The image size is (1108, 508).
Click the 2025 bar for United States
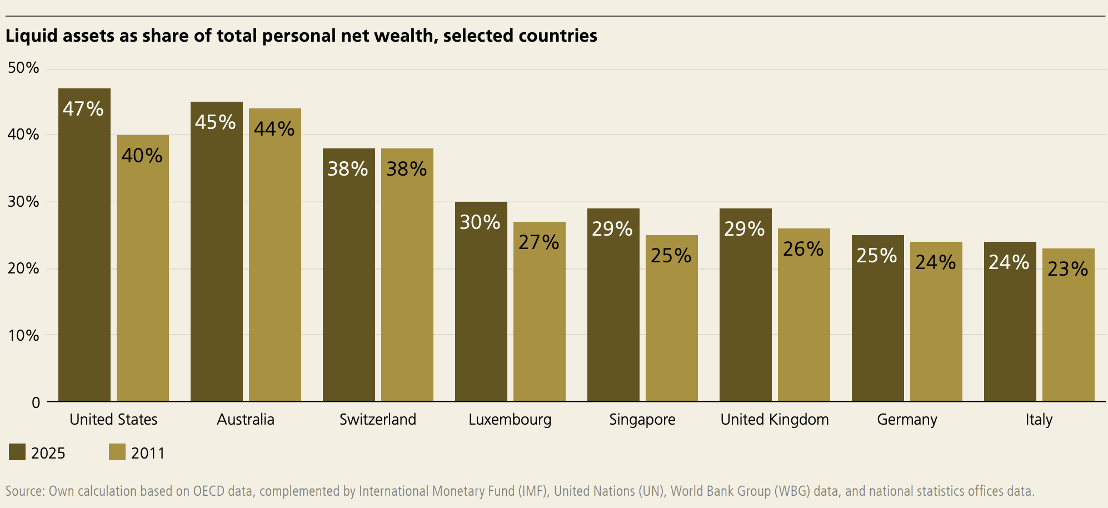coord(84,245)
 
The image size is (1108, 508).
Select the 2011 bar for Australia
coord(275,255)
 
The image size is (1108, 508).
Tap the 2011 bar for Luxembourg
coord(540,311)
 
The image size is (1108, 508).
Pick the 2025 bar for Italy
coord(1010,321)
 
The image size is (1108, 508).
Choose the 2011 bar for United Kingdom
coord(804,315)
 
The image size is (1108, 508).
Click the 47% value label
coord(83,108)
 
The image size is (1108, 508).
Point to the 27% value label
coord(539,242)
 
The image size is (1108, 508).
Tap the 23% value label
coord(1068,268)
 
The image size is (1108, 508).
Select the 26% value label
coord(803,248)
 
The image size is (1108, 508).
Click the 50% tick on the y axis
coord(23,68)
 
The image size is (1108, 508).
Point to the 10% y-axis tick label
coord(23,335)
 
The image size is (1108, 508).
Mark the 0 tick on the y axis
coord(36,402)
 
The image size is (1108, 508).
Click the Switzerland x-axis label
coord(378,419)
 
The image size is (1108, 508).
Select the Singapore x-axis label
coord(642,420)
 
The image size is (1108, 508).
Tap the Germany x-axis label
coord(907,420)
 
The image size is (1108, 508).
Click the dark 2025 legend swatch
coord(17,452)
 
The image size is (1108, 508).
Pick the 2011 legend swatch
coord(117,452)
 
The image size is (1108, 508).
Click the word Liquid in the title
coord(32,36)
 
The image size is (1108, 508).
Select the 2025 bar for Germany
coord(878,318)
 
